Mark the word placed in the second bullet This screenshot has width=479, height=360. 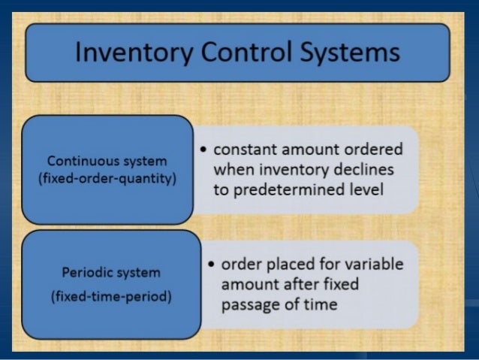click(294, 265)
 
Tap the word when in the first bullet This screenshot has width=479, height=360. click(232, 170)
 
